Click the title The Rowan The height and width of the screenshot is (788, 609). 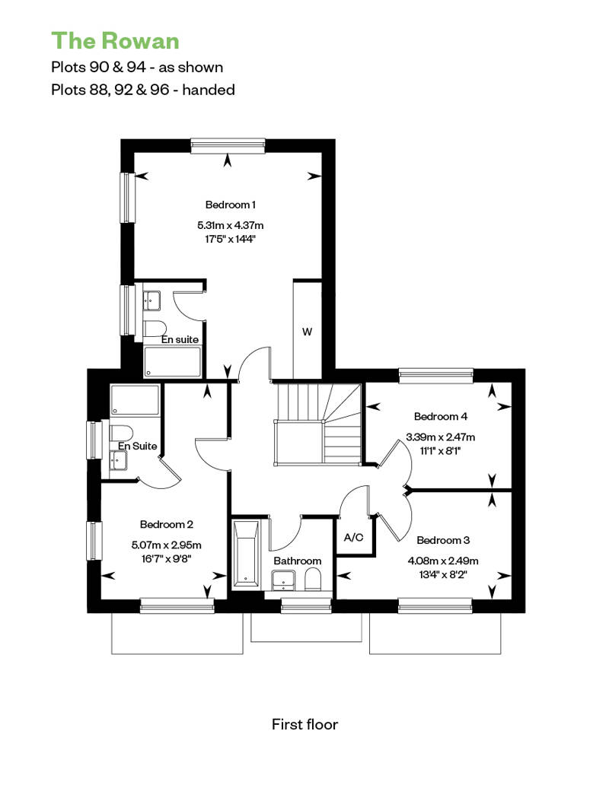[115, 41]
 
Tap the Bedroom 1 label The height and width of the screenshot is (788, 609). [231, 205]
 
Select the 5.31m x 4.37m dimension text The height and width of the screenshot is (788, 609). [231, 225]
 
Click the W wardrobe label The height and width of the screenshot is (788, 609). [307, 332]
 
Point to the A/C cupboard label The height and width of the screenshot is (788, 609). [353, 537]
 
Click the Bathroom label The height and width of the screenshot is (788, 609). [297, 561]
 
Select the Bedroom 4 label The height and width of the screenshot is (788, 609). [441, 416]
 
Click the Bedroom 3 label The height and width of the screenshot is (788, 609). [443, 540]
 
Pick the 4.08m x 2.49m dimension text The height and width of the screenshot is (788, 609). [443, 561]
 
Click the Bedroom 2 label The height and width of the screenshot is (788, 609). [167, 524]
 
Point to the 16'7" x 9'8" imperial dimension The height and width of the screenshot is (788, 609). [167, 558]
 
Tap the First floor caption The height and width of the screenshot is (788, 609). [304, 724]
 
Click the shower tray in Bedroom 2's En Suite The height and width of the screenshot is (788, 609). [135, 401]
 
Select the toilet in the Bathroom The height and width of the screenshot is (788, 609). [313, 580]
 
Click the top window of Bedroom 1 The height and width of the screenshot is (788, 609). [228, 146]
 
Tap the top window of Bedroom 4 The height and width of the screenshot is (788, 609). [436, 376]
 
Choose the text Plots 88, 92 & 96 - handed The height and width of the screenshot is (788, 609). [143, 90]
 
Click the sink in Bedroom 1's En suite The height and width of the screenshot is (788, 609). [151, 300]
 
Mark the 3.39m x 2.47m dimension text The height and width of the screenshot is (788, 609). [441, 437]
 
